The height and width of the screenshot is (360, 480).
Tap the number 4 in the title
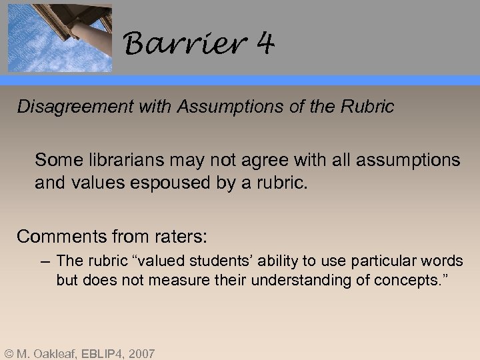tap(265, 44)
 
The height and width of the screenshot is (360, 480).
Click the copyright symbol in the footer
tap(9, 353)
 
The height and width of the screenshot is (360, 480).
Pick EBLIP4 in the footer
tap(107, 353)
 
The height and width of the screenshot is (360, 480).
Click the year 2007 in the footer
tap(143, 353)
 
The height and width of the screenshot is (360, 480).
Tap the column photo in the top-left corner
tap(59, 37)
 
